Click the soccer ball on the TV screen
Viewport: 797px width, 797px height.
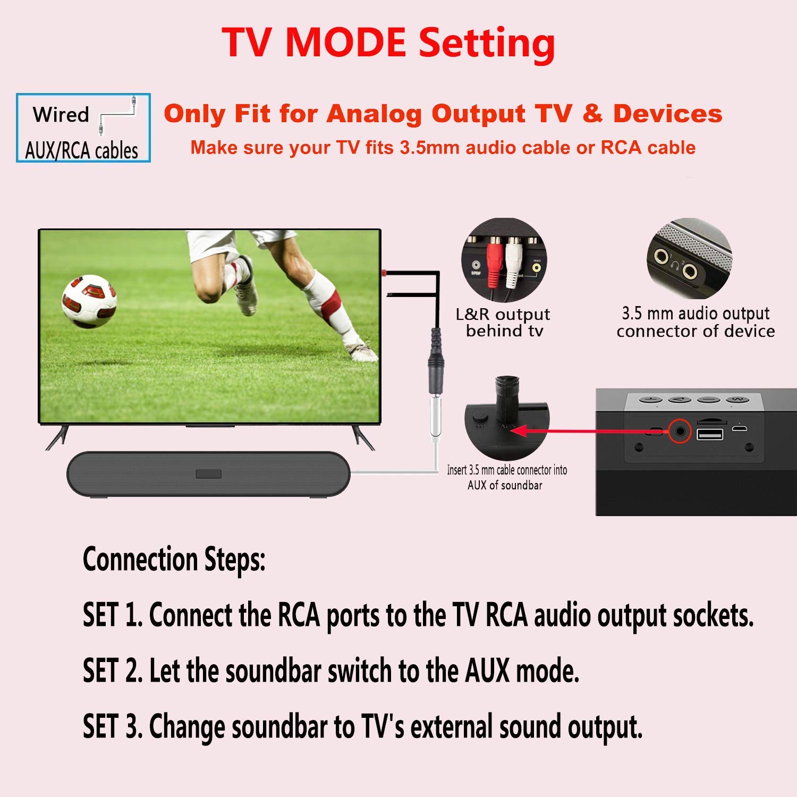tap(89, 300)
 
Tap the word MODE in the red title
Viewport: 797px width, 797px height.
tap(345, 42)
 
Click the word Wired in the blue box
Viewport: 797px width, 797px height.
tap(61, 114)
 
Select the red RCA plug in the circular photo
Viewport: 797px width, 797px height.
tap(494, 263)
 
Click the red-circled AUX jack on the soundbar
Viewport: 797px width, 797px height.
tap(679, 430)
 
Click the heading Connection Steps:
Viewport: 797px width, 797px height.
tap(174, 559)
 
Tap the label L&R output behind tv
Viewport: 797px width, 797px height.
tap(503, 323)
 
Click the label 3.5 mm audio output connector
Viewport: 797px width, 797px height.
tap(696, 322)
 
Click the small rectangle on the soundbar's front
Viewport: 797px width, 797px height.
tap(208, 474)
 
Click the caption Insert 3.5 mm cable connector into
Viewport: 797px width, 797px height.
tap(507, 470)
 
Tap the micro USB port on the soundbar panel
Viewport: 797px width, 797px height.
tap(739, 428)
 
